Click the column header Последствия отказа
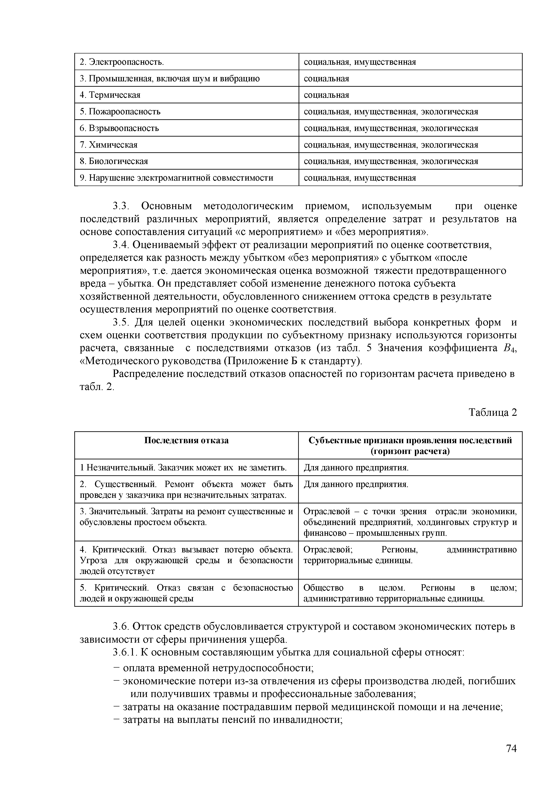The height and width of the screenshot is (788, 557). click(x=186, y=440)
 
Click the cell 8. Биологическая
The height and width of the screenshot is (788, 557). click(x=114, y=161)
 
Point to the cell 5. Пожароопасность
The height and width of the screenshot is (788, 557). click(x=120, y=112)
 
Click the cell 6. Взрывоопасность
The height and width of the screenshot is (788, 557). click(x=119, y=128)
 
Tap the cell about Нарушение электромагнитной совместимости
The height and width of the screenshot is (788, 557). click(x=177, y=178)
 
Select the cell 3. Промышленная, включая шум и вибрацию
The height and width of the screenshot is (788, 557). click(x=170, y=79)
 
